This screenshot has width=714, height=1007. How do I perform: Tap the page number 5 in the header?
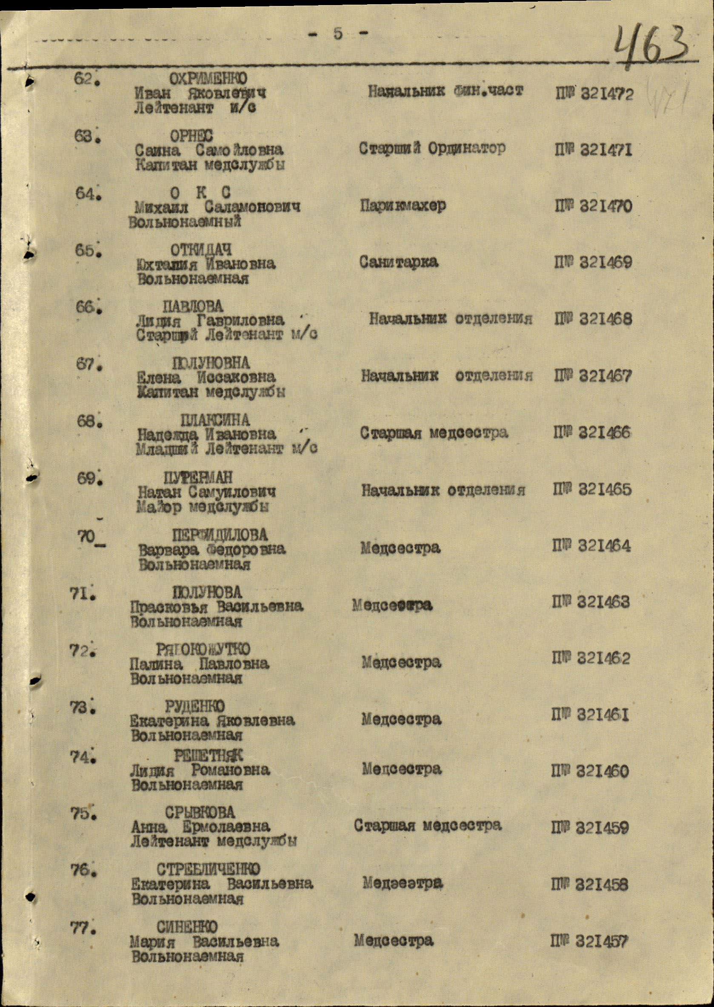[x=337, y=34]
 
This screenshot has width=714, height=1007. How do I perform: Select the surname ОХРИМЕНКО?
[x=208, y=79]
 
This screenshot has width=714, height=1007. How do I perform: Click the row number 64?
[x=86, y=194]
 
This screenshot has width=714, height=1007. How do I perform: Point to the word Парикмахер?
[x=403, y=206]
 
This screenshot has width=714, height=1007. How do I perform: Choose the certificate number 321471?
[x=605, y=150]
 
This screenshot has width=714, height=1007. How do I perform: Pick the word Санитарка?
[x=398, y=262]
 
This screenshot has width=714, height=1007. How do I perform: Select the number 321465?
[x=605, y=489]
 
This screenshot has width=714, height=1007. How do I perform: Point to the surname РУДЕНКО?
[x=195, y=706]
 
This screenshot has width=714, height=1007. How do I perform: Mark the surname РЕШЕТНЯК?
[x=208, y=756]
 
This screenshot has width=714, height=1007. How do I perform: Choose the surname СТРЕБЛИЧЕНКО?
[x=208, y=869]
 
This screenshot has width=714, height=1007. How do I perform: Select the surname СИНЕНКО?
[x=187, y=926]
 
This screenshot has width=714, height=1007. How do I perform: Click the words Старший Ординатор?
[x=432, y=148]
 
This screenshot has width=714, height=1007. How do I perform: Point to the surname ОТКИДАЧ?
[x=201, y=250]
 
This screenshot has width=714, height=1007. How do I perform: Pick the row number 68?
[x=87, y=422]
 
